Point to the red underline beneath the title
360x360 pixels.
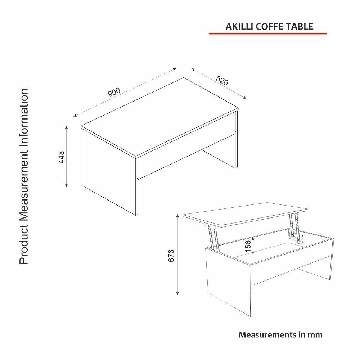pos(268,33)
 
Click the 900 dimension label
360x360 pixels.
pos(114,93)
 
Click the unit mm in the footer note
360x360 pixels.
pos(315,334)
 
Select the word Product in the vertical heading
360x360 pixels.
pos(24,247)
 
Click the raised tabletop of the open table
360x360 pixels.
pos(245,215)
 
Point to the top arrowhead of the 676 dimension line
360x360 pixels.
pos(177,215)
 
